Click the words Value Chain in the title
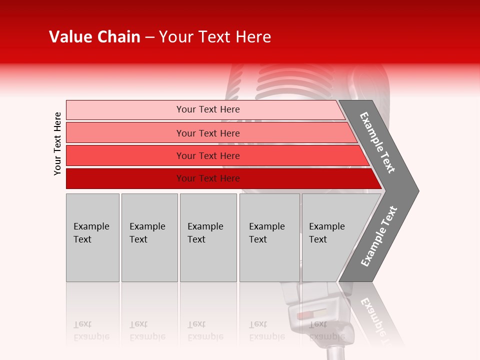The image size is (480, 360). pos(94,37)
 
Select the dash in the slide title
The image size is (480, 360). pos(149,37)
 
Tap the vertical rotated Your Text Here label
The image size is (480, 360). pos(57,143)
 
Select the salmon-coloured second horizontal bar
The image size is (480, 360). pos(208,133)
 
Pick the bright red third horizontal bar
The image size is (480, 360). pos(208,155)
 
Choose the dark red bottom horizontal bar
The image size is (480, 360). pos(208,178)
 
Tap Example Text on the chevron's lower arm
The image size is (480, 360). pos(378,236)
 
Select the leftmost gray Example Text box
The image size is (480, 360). pos(92,237)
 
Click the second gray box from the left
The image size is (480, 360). pos(149,237)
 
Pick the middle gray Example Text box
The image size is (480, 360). pos(208,237)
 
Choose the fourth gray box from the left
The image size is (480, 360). pos(269,237)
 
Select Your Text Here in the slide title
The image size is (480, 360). pos(215,37)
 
